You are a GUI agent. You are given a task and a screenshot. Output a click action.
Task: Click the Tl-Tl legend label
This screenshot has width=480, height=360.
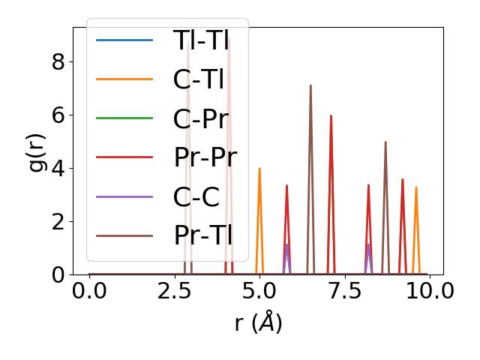(x=201, y=40)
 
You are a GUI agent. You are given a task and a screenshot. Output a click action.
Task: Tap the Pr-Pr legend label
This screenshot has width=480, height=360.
(x=205, y=157)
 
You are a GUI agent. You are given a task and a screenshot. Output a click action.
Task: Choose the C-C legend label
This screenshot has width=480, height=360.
(x=196, y=196)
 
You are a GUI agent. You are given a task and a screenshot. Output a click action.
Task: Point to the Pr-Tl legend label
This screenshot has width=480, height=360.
(x=202, y=235)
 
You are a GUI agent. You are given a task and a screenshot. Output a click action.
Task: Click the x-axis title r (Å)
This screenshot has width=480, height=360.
(x=258, y=323)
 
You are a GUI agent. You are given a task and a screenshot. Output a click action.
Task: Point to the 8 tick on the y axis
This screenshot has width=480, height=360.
(x=58, y=61)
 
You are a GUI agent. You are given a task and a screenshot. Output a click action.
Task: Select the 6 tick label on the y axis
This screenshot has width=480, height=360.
(x=58, y=115)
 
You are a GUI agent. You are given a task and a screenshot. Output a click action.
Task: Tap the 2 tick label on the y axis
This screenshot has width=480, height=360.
(x=58, y=221)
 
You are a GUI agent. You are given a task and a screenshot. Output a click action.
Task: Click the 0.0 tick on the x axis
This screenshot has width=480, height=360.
(x=89, y=291)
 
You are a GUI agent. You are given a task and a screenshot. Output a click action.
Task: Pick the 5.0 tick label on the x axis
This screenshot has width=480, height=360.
(x=259, y=291)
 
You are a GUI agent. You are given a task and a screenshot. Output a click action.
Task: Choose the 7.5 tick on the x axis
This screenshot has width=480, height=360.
(x=343, y=291)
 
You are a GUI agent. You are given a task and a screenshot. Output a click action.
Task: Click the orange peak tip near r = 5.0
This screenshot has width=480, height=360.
(x=259, y=168)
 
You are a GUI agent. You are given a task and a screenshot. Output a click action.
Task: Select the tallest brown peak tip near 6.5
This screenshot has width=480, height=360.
(x=310, y=85)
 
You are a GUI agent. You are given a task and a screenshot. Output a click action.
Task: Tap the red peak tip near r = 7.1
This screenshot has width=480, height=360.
(x=331, y=115)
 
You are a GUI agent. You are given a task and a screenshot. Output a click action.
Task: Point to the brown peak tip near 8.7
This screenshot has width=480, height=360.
(x=385, y=142)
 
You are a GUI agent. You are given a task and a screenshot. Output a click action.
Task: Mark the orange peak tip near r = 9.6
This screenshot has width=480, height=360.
(x=415, y=187)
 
